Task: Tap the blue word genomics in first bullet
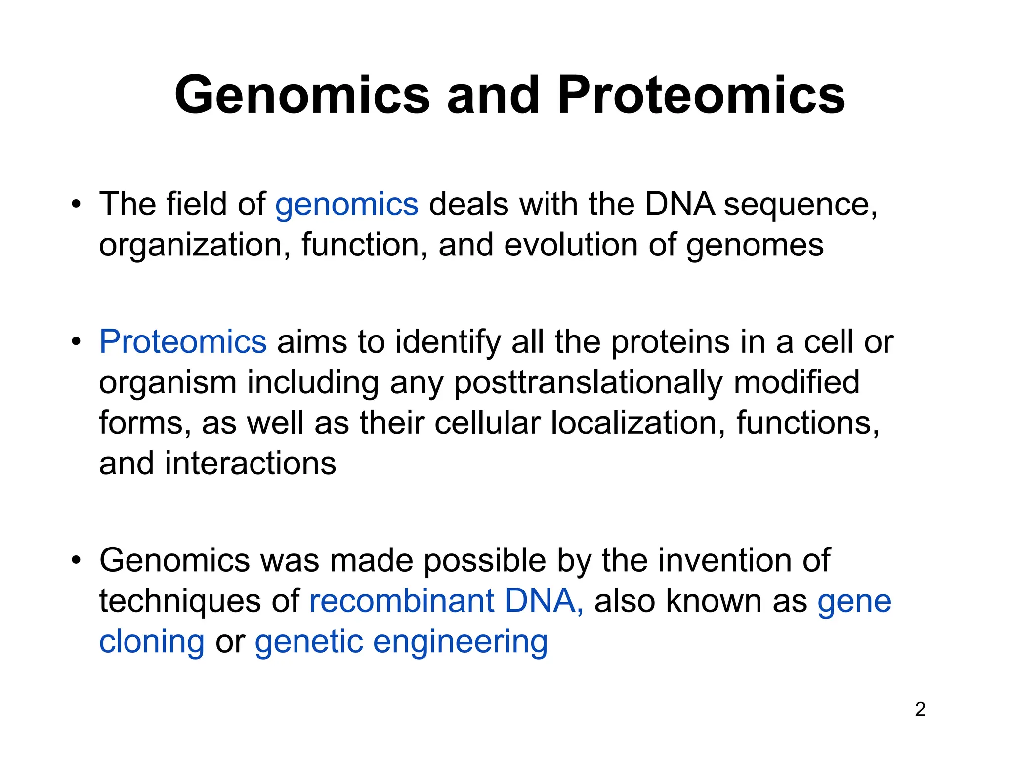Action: [x=346, y=205]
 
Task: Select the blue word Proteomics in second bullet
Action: [x=183, y=342]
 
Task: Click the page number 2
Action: [x=920, y=709]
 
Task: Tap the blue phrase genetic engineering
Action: [x=401, y=642]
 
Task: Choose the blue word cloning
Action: [x=152, y=642]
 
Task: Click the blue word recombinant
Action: [x=401, y=601]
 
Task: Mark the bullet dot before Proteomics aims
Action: [x=76, y=342]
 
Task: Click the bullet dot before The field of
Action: [x=76, y=204]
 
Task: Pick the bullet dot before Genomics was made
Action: [x=76, y=561]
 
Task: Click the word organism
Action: [x=168, y=383]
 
